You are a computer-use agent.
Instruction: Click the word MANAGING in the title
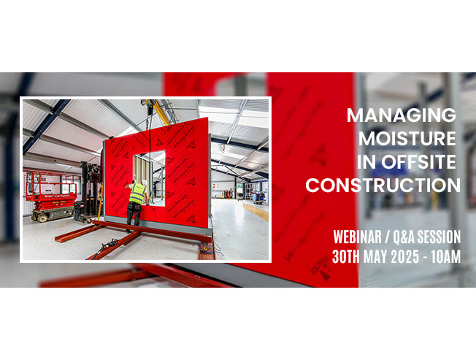click(402, 115)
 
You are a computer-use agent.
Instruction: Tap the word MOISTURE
click(407, 139)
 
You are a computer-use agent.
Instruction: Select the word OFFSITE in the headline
click(418, 162)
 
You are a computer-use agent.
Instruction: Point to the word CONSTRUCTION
click(383, 185)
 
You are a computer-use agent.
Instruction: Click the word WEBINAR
click(357, 237)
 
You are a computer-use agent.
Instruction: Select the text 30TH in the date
click(346, 257)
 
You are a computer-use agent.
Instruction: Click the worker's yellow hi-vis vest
click(137, 194)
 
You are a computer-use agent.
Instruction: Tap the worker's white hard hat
click(145, 183)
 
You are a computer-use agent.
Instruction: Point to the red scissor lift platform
click(50, 195)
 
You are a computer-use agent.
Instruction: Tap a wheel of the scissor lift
click(42, 218)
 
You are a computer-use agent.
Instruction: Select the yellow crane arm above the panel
click(158, 112)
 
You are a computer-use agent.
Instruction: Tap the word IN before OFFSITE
click(366, 162)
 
